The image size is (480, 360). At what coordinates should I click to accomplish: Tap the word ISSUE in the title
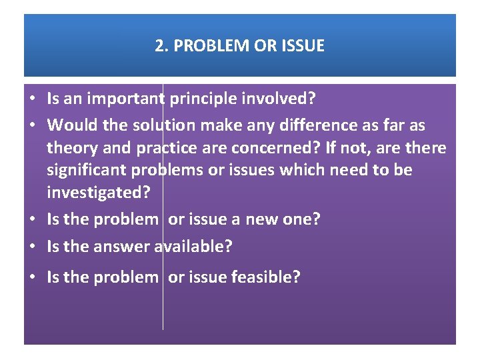(x=303, y=46)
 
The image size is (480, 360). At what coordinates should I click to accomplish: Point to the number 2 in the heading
(x=159, y=46)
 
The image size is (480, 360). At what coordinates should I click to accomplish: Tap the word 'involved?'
(x=280, y=100)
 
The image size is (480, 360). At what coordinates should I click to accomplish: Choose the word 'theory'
(x=71, y=147)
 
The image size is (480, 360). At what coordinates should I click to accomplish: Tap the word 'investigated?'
(x=99, y=193)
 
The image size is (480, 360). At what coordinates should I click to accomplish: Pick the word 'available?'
(x=193, y=247)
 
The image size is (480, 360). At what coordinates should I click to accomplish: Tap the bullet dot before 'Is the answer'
(x=31, y=247)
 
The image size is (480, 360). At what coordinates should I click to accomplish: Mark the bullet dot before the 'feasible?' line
(x=31, y=278)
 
